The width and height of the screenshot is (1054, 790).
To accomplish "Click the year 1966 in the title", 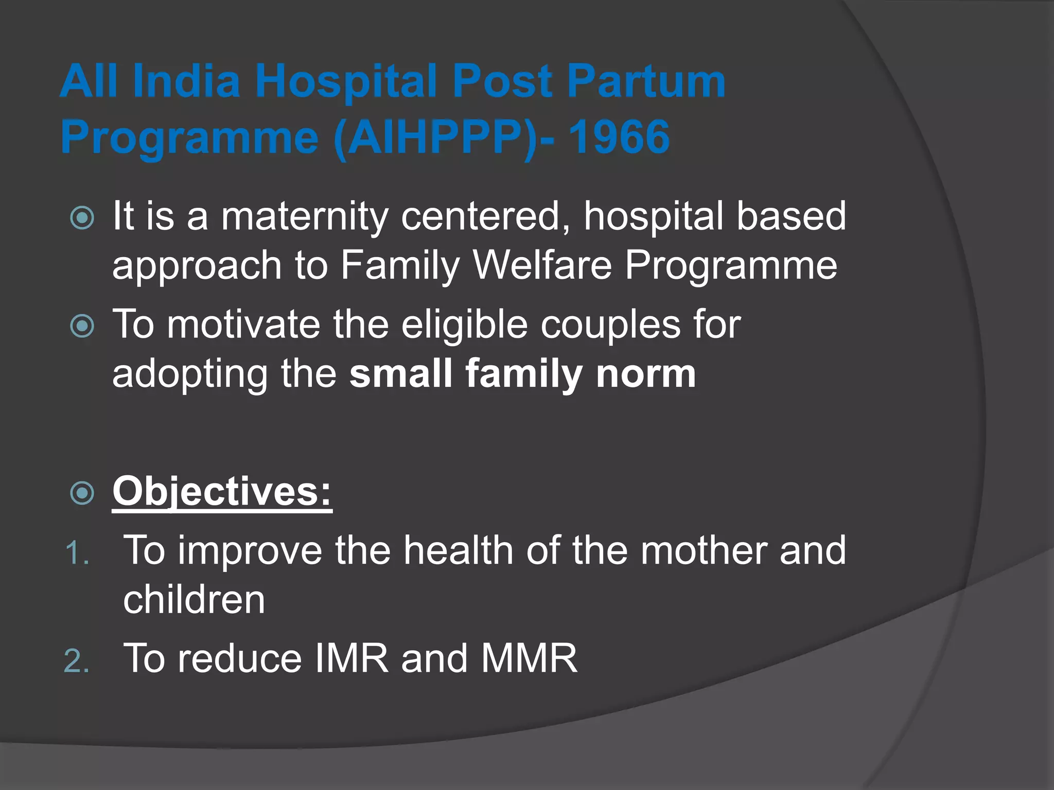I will pyautogui.click(x=619, y=137).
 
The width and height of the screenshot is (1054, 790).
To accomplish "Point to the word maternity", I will pyautogui.click(x=304, y=216).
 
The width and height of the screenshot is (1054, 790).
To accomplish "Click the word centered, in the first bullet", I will pyautogui.click(x=486, y=216).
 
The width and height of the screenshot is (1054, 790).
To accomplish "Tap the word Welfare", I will pyautogui.click(x=542, y=265).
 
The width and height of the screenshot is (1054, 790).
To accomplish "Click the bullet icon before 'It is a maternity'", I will pyautogui.click(x=82, y=218).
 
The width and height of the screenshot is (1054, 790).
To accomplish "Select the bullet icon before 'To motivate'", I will pyautogui.click(x=82, y=326).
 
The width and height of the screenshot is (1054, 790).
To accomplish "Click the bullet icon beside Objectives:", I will pyautogui.click(x=82, y=493).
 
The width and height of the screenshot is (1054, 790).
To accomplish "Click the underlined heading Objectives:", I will pyautogui.click(x=222, y=492).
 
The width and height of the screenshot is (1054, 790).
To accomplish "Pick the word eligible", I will pyautogui.click(x=464, y=325).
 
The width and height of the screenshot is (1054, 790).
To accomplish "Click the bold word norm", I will pyautogui.click(x=646, y=374).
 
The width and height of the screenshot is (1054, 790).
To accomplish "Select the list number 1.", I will pyautogui.click(x=77, y=553).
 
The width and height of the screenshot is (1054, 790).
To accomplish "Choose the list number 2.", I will pyautogui.click(x=77, y=661).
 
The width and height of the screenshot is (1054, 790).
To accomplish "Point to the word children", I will pyautogui.click(x=194, y=600).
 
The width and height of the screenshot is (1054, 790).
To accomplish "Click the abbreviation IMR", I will pyautogui.click(x=351, y=658).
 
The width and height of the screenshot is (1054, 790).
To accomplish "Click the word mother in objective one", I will pyautogui.click(x=704, y=551).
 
